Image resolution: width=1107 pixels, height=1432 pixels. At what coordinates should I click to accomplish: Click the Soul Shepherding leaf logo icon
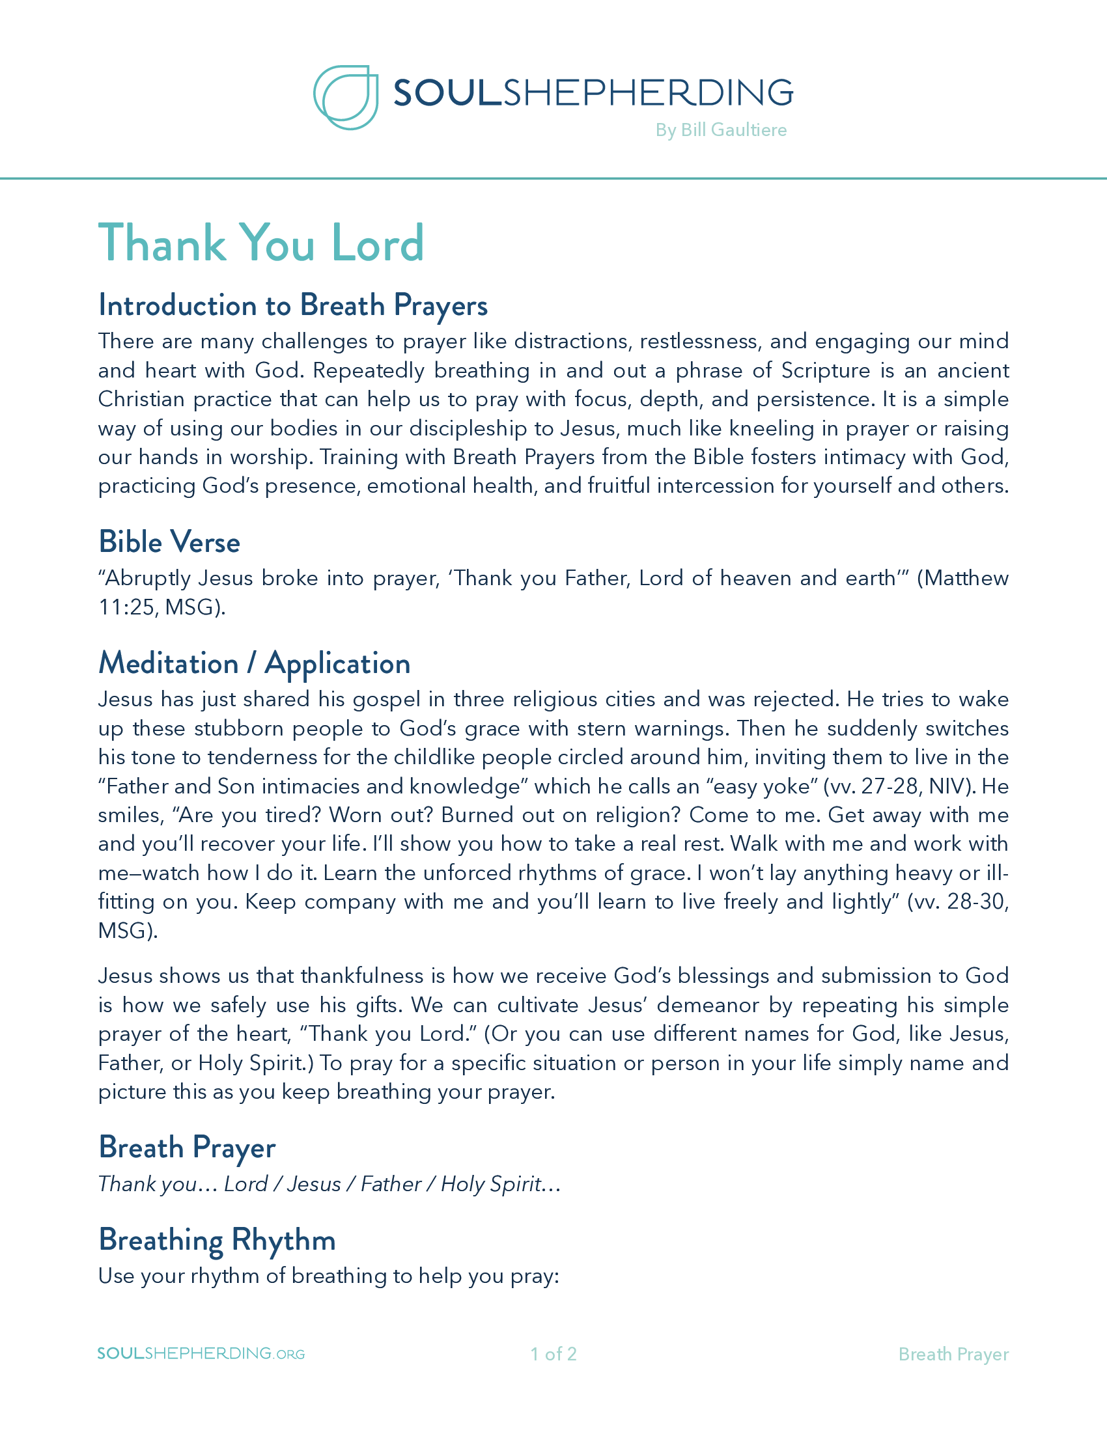point(346,97)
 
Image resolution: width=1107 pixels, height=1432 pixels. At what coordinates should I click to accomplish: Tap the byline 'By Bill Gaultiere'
point(721,130)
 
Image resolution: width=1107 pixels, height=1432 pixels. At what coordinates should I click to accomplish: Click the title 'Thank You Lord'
point(261,243)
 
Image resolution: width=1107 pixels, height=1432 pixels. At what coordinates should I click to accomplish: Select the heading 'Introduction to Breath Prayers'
point(292,305)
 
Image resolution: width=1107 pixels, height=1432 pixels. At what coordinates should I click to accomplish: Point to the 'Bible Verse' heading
point(169,542)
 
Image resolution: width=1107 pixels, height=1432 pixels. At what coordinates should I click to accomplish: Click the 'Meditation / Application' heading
point(255,663)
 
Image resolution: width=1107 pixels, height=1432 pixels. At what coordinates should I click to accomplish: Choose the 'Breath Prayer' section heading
point(187,1148)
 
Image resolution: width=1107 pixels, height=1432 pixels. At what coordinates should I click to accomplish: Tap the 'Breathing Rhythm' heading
point(217,1240)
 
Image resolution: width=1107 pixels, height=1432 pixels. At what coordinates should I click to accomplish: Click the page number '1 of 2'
point(553,1354)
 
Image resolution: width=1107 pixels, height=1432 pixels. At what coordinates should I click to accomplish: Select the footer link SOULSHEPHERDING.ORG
point(201,1353)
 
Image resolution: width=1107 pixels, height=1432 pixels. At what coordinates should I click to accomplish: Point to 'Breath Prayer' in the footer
point(953,1354)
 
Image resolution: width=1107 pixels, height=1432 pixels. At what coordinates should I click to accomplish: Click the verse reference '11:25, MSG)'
point(161,607)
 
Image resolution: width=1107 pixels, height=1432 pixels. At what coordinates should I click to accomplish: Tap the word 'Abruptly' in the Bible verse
point(148,578)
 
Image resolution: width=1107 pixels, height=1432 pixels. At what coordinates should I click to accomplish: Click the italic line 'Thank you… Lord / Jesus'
point(329,1184)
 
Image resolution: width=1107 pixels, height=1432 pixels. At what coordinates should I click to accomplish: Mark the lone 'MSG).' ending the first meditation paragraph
point(128,930)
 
